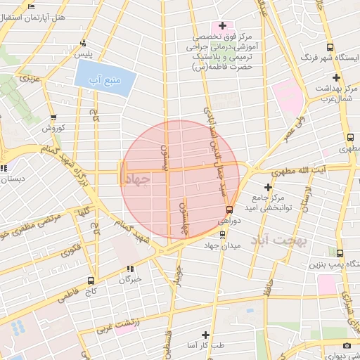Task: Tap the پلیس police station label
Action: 83,54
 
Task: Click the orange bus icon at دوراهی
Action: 229,210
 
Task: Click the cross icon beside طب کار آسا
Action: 205,335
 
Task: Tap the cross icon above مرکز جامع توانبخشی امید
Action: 267,187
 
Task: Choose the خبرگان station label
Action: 130,279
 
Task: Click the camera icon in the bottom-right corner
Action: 347,345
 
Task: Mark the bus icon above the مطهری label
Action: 350,138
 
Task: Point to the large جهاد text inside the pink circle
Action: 136,180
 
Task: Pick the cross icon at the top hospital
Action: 222,26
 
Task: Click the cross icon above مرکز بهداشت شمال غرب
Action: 336,77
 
